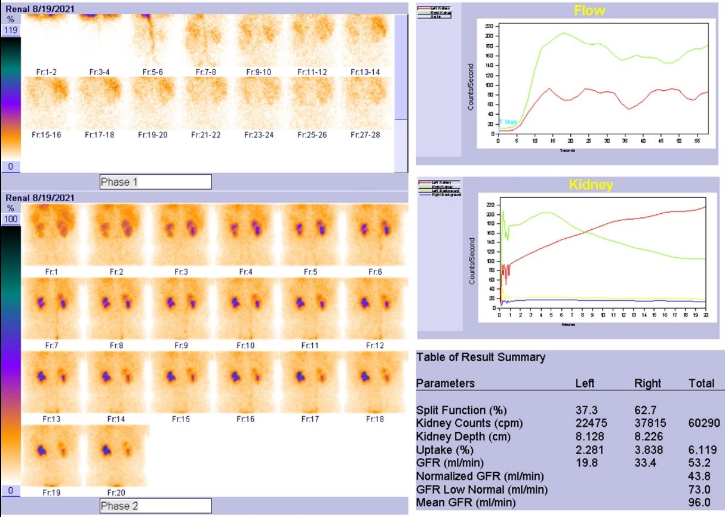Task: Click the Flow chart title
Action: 589,10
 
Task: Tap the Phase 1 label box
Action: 155,182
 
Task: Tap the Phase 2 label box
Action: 155,506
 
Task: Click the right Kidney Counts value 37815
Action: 647,423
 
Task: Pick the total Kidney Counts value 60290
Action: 701,423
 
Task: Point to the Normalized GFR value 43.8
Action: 701,476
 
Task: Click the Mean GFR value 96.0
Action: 701,503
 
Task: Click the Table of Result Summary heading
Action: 481,358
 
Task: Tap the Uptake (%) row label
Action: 441,450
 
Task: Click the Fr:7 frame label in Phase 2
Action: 51,346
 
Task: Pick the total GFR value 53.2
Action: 701,463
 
